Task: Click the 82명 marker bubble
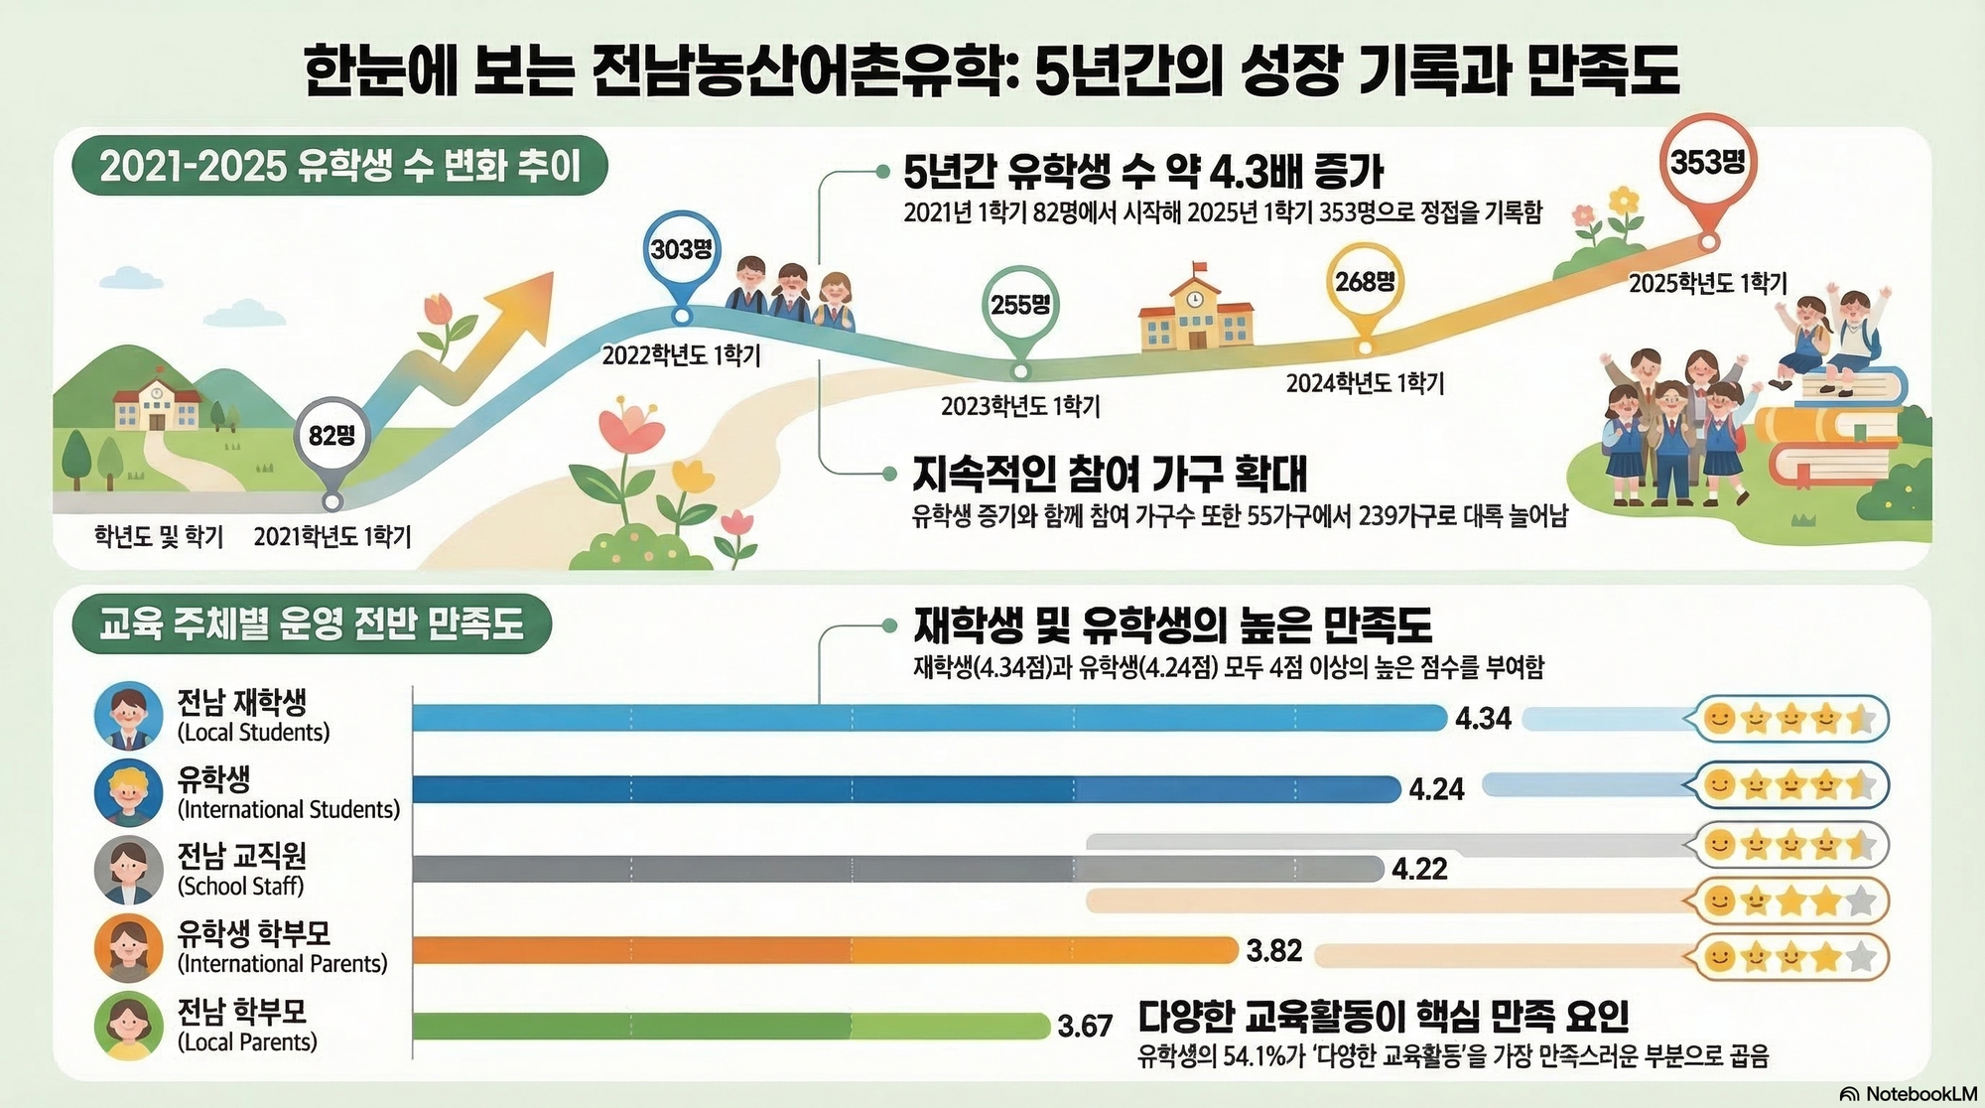point(331,436)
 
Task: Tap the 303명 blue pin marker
point(681,249)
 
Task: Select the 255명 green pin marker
point(1020,305)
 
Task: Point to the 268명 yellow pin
point(1365,282)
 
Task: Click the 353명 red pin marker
point(1707,162)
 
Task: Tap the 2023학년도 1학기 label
point(1020,405)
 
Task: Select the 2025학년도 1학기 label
point(1707,284)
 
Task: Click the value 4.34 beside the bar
point(1483,718)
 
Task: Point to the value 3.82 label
point(1273,951)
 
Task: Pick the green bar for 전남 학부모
point(730,1026)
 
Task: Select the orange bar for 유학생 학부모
point(824,950)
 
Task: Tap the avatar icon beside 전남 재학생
point(128,716)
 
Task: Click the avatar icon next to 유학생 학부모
point(128,947)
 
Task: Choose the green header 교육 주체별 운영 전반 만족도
point(312,624)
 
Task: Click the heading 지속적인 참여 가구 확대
point(1110,475)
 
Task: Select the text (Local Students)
point(253,733)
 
